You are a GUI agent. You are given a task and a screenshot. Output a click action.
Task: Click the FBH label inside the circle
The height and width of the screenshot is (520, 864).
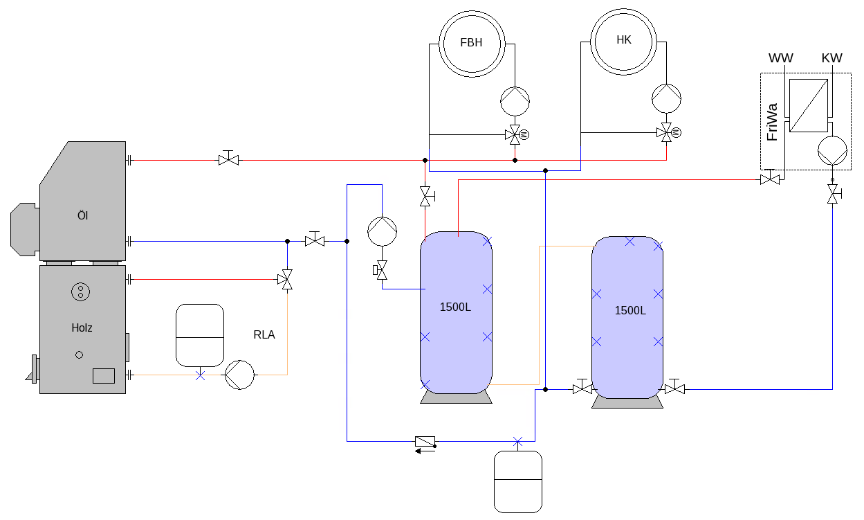coord(471,42)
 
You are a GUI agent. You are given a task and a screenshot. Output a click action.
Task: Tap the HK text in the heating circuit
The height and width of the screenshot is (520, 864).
coord(624,39)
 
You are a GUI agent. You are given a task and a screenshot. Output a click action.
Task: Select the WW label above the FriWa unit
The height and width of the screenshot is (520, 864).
coord(781,58)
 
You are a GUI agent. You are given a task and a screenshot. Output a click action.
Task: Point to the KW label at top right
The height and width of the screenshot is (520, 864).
coord(831,58)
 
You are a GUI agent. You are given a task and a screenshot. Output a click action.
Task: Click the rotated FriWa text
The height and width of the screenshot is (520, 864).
coord(772,122)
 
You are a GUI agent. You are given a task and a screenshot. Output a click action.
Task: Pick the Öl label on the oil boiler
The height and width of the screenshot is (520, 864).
coord(82,215)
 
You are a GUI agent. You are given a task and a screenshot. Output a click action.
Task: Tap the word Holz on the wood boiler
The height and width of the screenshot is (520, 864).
coord(82,328)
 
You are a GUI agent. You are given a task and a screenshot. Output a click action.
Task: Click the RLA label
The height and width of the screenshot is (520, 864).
coord(264,334)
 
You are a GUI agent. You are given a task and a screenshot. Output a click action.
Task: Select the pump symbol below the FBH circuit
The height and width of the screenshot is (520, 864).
coord(515,101)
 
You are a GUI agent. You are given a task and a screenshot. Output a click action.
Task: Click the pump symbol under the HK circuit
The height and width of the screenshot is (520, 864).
coord(667,99)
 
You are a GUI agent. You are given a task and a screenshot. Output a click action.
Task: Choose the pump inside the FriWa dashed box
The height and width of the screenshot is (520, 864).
coord(832,150)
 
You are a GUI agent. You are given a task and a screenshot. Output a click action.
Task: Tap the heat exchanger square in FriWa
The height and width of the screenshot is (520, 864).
coord(809,105)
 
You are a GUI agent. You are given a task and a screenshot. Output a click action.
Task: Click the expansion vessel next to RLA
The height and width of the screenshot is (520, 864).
coord(200,335)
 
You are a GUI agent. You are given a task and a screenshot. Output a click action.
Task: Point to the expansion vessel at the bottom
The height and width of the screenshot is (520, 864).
coord(518,482)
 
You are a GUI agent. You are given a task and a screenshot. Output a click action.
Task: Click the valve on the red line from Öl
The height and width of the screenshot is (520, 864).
coord(228,159)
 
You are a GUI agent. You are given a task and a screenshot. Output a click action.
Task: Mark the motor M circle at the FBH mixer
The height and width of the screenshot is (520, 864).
coord(524,135)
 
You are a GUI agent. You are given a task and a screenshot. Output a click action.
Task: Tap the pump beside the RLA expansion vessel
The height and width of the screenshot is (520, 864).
coord(239,375)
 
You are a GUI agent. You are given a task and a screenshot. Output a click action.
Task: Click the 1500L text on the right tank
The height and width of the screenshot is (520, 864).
coord(630,311)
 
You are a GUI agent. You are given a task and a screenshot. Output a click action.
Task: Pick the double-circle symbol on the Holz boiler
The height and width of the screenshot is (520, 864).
coord(81,292)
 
